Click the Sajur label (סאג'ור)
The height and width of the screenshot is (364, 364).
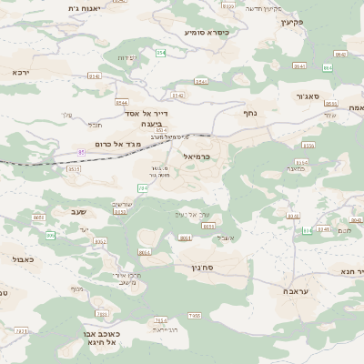click(x=308, y=96)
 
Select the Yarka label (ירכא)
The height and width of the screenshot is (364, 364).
click(x=21, y=71)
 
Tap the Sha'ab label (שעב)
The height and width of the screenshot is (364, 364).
click(x=77, y=211)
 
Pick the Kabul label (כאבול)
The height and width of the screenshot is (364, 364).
click(x=24, y=259)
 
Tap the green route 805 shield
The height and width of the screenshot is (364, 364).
click(x=51, y=236)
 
